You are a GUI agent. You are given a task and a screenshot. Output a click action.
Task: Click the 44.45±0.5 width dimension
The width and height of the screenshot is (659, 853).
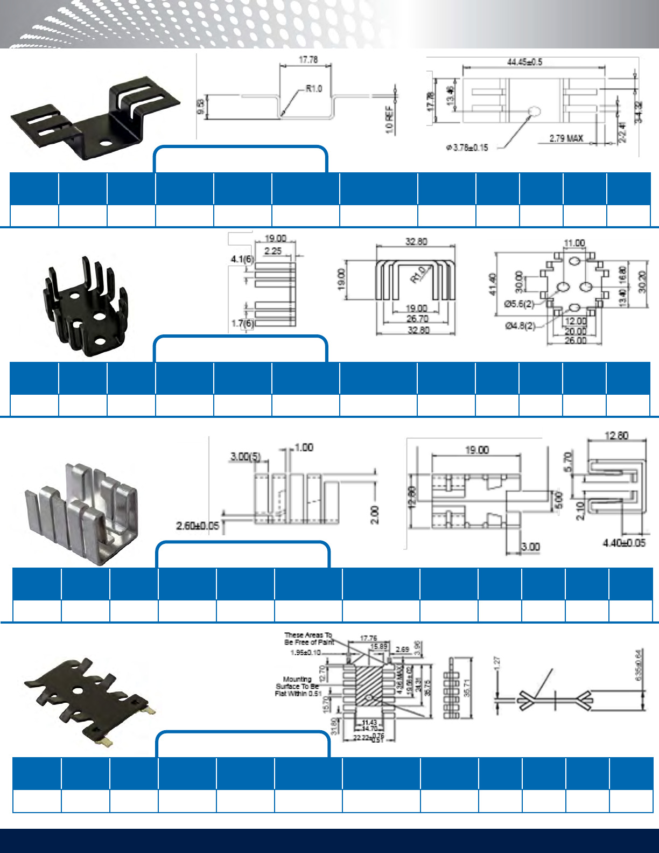pos(524,62)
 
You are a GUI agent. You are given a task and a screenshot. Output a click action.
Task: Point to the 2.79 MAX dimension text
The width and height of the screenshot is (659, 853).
pos(566,138)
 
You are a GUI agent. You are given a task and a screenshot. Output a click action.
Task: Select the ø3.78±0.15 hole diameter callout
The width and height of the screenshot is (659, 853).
pos(467,148)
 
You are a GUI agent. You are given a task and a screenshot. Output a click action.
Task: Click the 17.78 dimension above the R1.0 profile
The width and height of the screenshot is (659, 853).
pos(308,60)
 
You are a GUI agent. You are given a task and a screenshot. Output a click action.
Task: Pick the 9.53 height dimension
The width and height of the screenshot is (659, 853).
pos(201,107)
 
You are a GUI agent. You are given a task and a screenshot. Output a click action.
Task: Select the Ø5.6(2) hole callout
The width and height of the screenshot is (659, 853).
pos(519,304)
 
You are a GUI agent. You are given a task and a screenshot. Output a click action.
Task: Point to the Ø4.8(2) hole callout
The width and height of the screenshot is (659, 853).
pos(520,326)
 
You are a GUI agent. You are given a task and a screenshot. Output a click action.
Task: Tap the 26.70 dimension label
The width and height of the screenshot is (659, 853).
pos(417,319)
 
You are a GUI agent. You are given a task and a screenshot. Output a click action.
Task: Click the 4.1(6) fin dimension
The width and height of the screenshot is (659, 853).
pos(242,259)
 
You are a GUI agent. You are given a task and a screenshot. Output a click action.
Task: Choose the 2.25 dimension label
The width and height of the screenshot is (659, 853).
pos(273,250)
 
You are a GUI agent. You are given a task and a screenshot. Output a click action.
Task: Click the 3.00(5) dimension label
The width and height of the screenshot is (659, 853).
pos(246,457)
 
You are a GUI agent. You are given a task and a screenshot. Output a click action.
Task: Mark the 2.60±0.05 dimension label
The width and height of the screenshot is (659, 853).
pos(198,525)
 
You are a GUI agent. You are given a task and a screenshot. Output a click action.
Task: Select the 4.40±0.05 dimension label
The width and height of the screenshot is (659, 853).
pos(624,543)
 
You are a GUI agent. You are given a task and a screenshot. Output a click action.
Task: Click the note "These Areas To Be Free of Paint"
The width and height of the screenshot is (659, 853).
pos(309,639)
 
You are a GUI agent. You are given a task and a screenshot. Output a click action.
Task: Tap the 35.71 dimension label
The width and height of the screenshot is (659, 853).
pos(467,688)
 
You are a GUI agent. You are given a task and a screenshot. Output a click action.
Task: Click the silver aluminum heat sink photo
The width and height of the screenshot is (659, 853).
pos(81,512)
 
